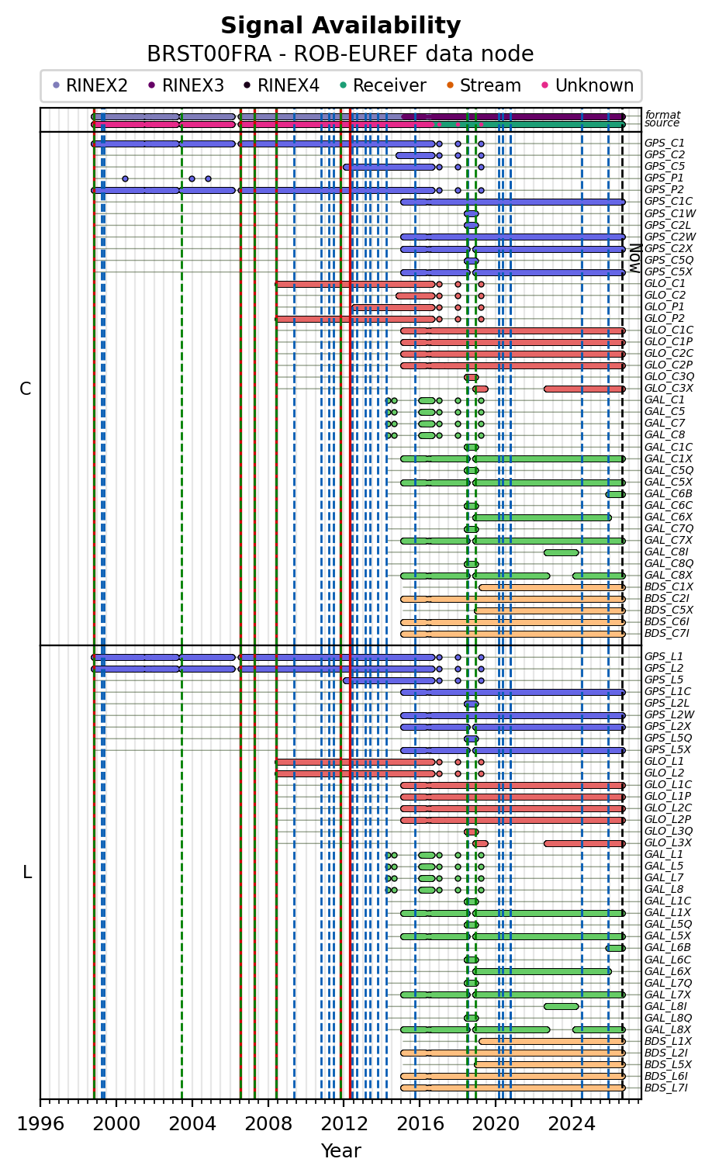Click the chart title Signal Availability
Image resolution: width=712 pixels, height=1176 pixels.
340,25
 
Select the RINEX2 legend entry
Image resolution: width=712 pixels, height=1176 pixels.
90,85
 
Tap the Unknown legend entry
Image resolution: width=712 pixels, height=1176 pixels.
588,85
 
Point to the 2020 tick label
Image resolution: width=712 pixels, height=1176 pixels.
495,1123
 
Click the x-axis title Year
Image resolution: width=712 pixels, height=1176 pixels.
340,1150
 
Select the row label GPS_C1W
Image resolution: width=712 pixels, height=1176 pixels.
670,213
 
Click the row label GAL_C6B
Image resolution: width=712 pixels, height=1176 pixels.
668,493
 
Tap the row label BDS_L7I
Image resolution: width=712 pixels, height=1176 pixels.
665,1088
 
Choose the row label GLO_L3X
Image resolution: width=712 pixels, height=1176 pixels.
668,842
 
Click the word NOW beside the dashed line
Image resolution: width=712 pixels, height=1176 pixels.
635,258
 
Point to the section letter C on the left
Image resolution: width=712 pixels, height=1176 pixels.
25,389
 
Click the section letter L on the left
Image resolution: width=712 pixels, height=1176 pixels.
27,872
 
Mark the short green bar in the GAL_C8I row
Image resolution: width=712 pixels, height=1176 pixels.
562,552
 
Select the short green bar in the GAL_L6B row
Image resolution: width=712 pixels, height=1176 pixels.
615,948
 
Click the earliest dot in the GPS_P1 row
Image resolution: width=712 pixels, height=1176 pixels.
125,178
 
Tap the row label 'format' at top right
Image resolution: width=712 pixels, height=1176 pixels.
662,115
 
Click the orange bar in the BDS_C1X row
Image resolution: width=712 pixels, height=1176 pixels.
552,587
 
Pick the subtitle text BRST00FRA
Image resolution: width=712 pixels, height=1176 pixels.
209,54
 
